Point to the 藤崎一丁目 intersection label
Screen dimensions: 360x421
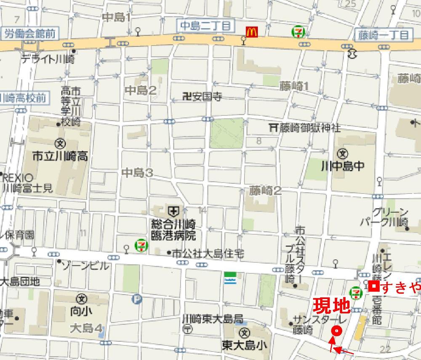[383, 35]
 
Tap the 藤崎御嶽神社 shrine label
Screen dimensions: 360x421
[305, 127]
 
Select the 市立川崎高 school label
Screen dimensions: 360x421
[60, 157]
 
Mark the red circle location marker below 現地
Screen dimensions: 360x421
[336, 331]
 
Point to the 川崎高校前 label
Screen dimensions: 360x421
[23, 98]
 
